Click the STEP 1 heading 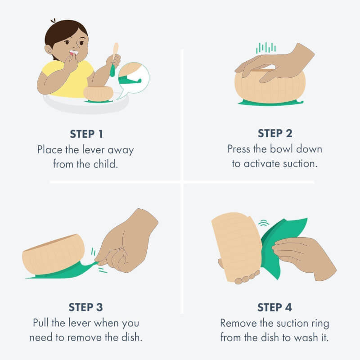(86, 134)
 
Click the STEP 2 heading (275, 133)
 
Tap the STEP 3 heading (85, 307)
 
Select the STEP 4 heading (274, 307)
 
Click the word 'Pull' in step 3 (40, 323)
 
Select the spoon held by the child (114, 60)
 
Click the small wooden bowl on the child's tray (99, 94)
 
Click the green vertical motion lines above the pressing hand (266, 48)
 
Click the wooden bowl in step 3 (54, 254)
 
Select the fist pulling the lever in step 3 (127, 241)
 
